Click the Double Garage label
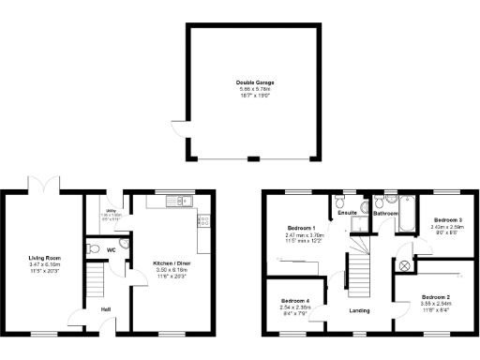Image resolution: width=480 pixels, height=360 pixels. coord(248,82)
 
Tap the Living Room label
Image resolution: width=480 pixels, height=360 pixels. coord(44,256)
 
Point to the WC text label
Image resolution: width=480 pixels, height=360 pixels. coord(111,250)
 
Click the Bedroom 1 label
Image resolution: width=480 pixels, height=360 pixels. coord(300,229)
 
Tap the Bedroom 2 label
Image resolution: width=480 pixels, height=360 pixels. coord(436,295)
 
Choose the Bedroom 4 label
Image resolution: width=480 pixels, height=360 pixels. coord(294,300)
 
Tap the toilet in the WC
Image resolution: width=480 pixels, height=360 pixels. coord(92,248)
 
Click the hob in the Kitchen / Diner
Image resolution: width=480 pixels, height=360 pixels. coord(203,222)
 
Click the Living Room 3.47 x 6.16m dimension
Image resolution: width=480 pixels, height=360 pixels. coord(44,265)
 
